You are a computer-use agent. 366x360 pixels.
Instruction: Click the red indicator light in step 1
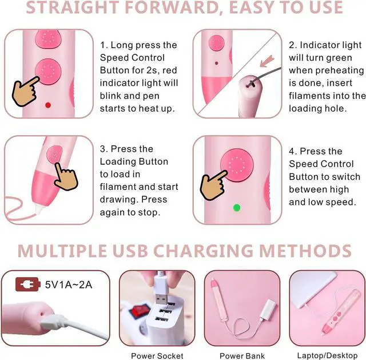(48, 105)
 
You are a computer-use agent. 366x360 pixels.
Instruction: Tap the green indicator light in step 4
(237, 207)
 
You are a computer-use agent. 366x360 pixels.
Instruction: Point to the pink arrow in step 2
(266, 61)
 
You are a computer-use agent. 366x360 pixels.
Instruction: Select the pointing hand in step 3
(66, 177)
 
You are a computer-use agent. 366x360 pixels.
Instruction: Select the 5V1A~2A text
(69, 284)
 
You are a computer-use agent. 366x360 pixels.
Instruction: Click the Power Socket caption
(157, 356)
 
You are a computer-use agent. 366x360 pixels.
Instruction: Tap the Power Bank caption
(242, 356)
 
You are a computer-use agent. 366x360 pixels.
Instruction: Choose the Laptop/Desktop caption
(327, 355)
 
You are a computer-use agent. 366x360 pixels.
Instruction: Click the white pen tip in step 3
(39, 209)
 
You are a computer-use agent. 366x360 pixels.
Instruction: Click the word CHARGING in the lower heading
(203, 251)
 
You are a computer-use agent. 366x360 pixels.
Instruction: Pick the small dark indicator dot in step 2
(216, 63)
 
